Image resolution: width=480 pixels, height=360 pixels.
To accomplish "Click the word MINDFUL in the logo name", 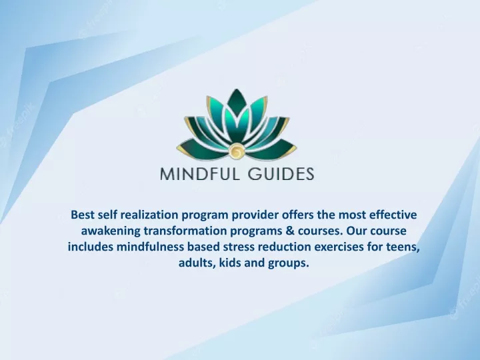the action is [199, 173].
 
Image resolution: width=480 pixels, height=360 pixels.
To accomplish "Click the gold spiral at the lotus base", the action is [236, 151].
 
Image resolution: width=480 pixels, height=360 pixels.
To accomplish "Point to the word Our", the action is [357, 231].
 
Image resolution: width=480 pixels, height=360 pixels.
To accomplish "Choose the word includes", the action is [90, 247].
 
